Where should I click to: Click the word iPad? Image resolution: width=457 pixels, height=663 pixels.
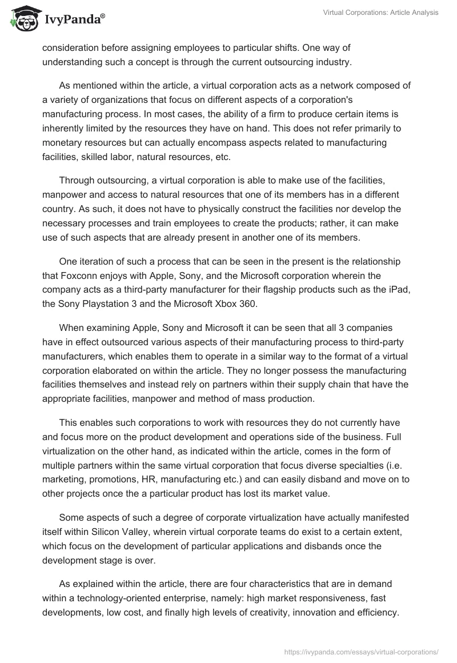[398, 291]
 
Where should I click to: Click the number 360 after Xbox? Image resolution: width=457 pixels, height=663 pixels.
[247, 305]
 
